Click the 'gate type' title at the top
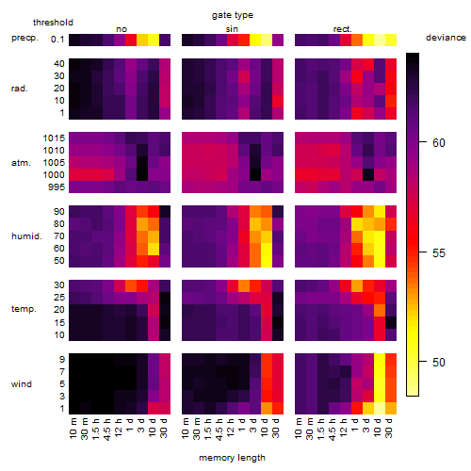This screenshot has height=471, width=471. (x=233, y=15)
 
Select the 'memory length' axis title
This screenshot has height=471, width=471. (x=232, y=458)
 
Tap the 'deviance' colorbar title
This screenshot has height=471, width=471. (x=446, y=38)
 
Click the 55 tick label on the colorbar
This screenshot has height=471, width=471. (x=438, y=253)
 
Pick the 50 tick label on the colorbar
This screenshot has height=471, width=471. (x=438, y=363)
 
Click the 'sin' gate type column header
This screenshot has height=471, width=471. (x=232, y=29)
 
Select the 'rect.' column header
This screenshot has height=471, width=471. (x=342, y=29)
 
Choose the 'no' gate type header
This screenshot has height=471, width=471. (x=122, y=29)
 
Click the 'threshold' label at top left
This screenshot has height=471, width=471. (x=53, y=23)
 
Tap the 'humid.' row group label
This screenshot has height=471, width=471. (x=26, y=236)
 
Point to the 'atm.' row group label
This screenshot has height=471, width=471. (x=21, y=163)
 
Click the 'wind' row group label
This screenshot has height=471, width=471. (x=22, y=384)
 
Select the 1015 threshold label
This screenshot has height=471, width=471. (x=54, y=138)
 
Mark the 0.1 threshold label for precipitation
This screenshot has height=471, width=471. (x=57, y=40)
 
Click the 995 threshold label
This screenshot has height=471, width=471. (x=57, y=187)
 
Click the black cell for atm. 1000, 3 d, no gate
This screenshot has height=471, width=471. (x=142, y=175)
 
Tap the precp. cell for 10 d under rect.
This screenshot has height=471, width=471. (x=380, y=40)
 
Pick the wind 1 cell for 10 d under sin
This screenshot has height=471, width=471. (x=267, y=408)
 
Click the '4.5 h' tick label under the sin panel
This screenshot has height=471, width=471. (x=219, y=429)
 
